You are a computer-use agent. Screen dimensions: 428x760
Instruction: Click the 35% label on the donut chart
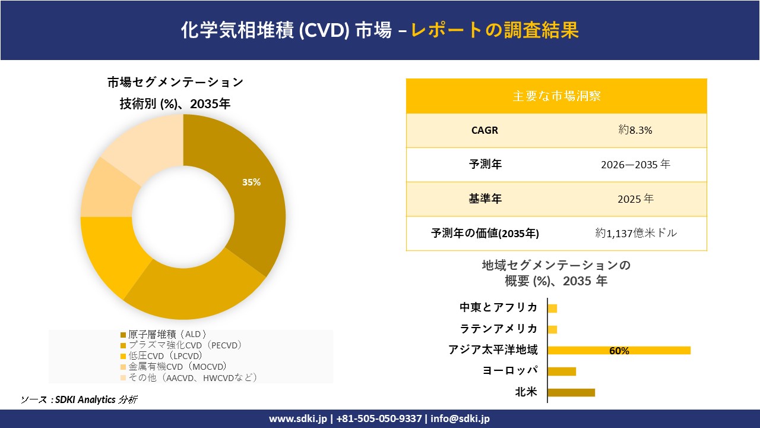pyautogui.click(x=251, y=182)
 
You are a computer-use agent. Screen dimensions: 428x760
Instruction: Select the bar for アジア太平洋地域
pyautogui.click(x=619, y=350)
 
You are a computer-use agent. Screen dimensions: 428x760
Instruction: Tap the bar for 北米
pyautogui.click(x=571, y=392)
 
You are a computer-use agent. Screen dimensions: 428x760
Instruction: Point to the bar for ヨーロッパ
pyautogui.click(x=562, y=372)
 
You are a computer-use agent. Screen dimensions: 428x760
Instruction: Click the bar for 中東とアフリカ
pyautogui.click(x=552, y=308)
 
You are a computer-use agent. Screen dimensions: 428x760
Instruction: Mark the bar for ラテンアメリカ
pyautogui.click(x=552, y=329)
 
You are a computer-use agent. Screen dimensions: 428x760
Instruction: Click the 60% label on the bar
pyautogui.click(x=619, y=351)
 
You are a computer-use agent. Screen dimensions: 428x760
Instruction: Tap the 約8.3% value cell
pyautogui.click(x=635, y=130)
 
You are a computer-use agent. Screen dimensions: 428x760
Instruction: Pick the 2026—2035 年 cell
pyautogui.click(x=635, y=165)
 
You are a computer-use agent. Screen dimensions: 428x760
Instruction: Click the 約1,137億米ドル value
pyautogui.click(x=636, y=234)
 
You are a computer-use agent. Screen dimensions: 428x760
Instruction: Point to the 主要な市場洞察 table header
pyautogui.click(x=556, y=96)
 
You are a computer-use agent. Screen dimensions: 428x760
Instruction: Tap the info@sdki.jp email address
pyautogui.click(x=460, y=418)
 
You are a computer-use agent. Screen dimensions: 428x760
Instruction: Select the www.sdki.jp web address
pyautogui.click(x=298, y=418)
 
